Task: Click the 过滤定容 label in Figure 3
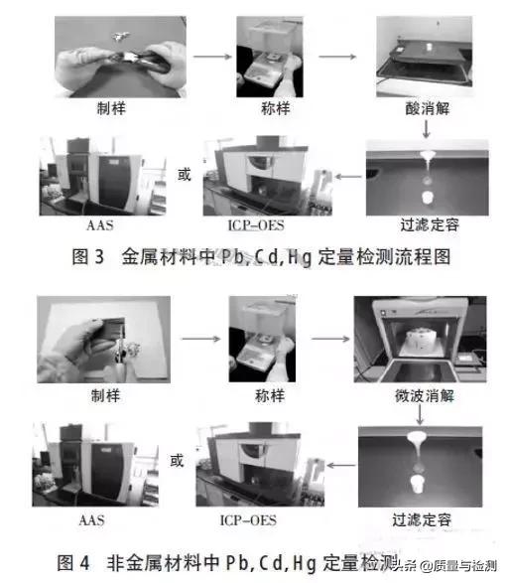(424, 224)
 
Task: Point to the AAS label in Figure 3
(94, 224)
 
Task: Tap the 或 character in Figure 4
(177, 461)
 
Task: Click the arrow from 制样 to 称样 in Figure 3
(205, 56)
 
